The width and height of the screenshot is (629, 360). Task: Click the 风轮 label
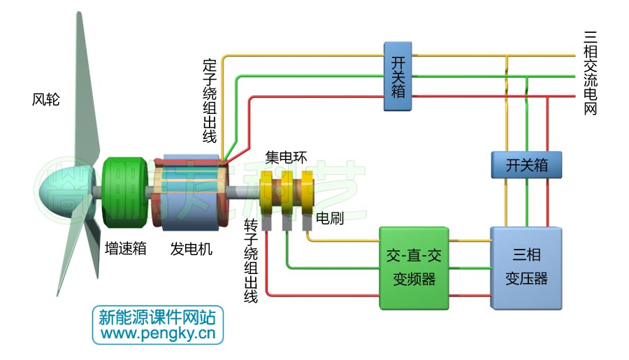point(46,100)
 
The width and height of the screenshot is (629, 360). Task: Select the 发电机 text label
point(191,249)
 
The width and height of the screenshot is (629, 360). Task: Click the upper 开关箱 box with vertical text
point(397,75)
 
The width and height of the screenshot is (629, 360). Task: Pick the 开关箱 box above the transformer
point(526,165)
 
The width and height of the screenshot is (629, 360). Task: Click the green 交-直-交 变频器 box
point(414,268)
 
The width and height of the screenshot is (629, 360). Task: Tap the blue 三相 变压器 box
point(526,268)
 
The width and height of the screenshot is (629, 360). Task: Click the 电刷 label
point(330,218)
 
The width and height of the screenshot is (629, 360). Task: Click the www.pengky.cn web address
point(158,334)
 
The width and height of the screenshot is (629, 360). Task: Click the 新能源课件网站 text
point(158,317)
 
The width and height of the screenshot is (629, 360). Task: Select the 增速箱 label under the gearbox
point(125,249)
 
